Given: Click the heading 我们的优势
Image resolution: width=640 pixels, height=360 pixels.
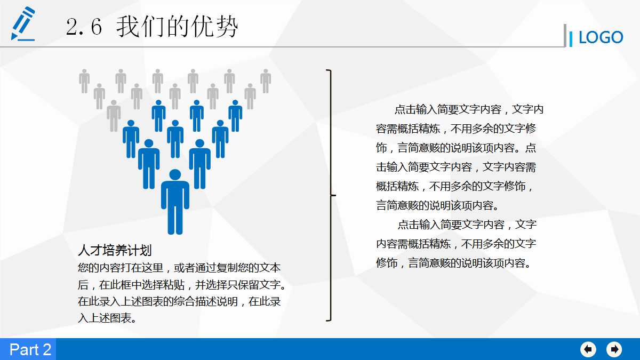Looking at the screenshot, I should tap(177, 27).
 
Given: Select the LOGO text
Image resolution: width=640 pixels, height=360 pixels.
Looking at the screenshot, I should tap(601, 37).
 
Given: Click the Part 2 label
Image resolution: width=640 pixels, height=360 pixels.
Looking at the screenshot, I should tap(30, 349).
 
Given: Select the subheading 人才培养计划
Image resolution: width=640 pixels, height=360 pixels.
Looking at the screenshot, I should tap(115, 251).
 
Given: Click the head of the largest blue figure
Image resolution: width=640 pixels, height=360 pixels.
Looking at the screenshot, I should tap(175, 175).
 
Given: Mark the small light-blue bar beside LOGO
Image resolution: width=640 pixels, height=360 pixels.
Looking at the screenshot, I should tap(571, 38).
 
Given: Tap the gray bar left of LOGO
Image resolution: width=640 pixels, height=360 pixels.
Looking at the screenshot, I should tap(565, 35).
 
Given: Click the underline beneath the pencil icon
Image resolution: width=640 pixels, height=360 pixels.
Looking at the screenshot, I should tap(23, 39).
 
